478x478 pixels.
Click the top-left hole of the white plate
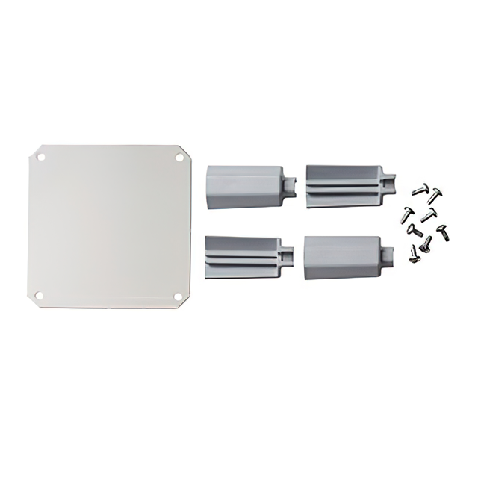click(x=41, y=158)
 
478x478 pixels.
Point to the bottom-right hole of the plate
click(x=179, y=297)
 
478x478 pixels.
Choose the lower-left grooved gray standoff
click(x=239, y=255)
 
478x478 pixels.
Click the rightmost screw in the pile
click(x=442, y=232)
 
